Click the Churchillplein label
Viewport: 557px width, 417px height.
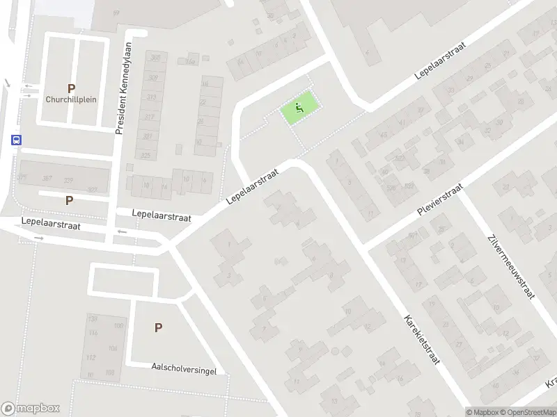point(71,99)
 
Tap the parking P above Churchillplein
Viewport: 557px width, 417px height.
point(71,88)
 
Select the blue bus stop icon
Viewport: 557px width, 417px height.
point(15,138)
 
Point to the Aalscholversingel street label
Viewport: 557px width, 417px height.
point(184,368)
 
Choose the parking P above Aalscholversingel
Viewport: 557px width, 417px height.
point(159,328)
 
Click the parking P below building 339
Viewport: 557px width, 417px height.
point(69,200)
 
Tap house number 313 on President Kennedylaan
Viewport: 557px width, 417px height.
point(148,97)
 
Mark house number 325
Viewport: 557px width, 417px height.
point(146,154)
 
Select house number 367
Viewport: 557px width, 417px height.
point(47,179)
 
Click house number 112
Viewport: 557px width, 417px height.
point(91,358)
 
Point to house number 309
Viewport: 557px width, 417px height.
point(154,78)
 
